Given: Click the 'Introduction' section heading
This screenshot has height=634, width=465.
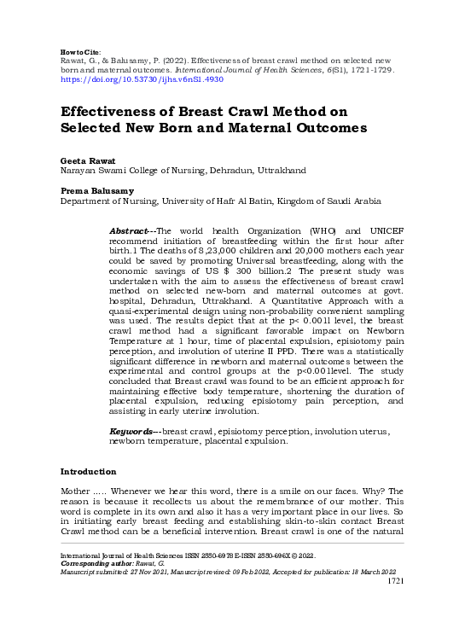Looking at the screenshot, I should click(88, 472).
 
